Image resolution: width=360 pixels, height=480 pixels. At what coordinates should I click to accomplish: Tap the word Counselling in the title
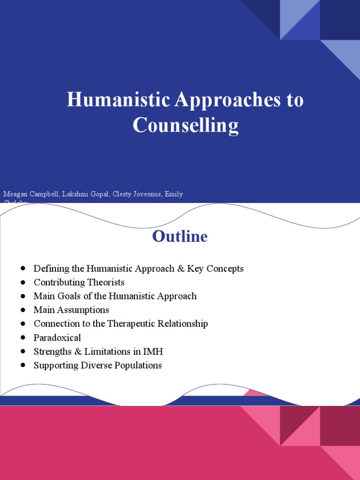click(186, 126)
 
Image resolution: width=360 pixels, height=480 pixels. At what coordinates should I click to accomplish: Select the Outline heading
click(180, 236)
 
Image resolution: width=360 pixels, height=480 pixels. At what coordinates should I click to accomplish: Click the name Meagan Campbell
click(28, 194)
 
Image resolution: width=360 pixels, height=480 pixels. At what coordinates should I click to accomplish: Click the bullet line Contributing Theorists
click(79, 283)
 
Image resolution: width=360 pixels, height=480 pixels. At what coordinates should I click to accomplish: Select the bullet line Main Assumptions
click(71, 310)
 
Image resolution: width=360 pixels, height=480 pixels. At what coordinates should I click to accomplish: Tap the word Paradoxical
click(57, 337)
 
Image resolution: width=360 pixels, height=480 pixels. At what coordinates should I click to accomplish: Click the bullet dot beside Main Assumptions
click(23, 310)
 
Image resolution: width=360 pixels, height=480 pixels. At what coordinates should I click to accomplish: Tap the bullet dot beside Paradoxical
click(23, 337)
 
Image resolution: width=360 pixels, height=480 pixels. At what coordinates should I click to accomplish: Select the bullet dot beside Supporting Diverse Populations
click(23, 365)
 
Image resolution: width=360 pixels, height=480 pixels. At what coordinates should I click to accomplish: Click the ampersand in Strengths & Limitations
click(78, 352)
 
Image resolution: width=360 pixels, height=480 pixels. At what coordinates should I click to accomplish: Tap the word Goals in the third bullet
click(66, 296)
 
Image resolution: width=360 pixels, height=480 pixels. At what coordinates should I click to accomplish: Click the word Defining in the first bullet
click(50, 269)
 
